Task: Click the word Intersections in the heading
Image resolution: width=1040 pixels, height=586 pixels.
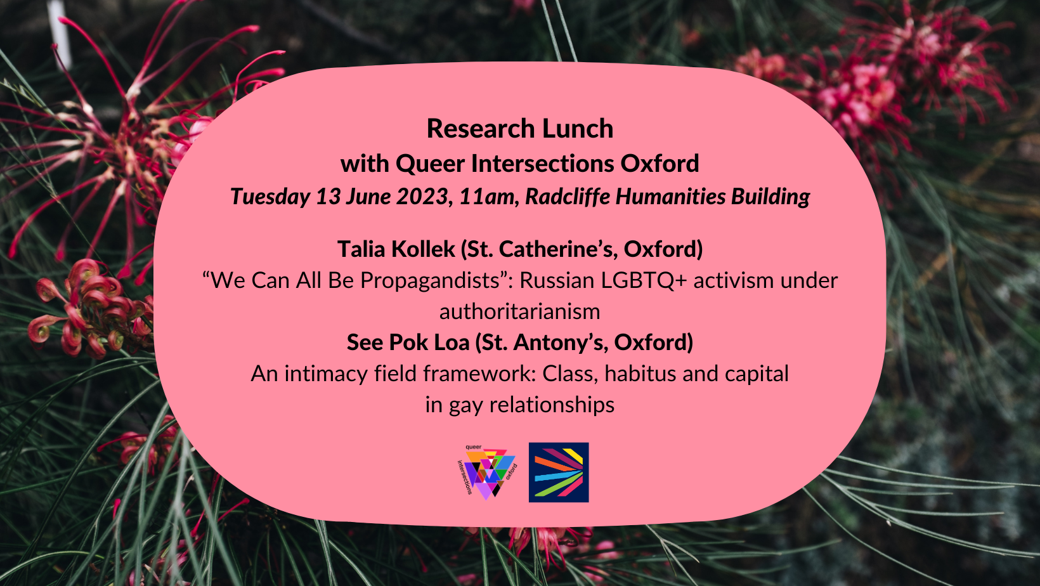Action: tap(542, 164)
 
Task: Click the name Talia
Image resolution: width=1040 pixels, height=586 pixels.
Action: tap(361, 249)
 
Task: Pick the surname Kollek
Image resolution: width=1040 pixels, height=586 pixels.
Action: tap(424, 249)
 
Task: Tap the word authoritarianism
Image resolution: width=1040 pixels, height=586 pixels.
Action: tap(519, 312)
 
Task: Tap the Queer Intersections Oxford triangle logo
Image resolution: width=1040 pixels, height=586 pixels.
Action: tap(486, 472)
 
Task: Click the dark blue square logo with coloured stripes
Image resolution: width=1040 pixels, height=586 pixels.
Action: tap(559, 472)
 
